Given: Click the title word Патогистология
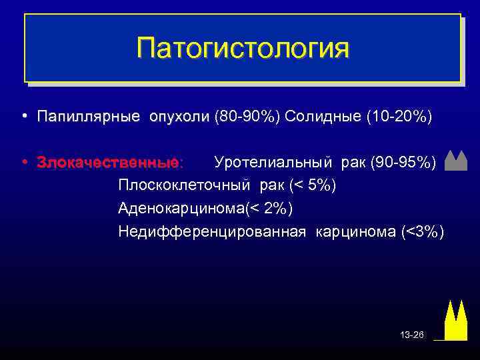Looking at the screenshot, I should click(242, 48).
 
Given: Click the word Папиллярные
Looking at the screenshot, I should click(89, 117).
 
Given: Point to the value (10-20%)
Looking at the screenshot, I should click(399, 117).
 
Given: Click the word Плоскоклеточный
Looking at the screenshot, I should click(182, 185).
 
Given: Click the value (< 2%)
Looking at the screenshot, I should click(268, 209).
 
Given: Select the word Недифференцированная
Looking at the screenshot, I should click(212, 232).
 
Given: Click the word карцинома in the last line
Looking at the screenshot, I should click(353, 232).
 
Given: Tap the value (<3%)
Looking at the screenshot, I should click(422, 232).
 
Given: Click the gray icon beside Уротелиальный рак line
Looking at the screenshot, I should click(455, 161).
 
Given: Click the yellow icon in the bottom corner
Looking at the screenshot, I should click(455, 321).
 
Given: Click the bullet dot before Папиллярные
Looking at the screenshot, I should click(23, 117).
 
